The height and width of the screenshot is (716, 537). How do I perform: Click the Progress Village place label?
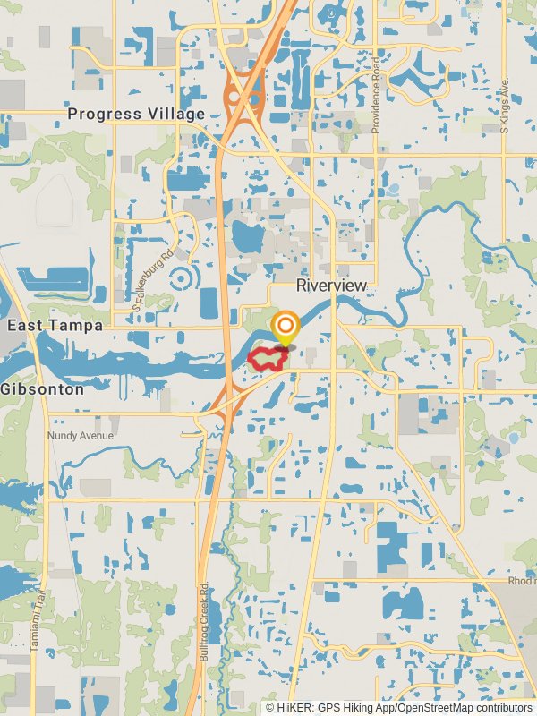pyautogui.click(x=137, y=114)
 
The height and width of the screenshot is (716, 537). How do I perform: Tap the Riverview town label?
pyautogui.click(x=331, y=285)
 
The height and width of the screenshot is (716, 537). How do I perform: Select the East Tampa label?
pyautogui.click(x=55, y=326)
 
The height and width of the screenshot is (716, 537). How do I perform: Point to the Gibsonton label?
pyautogui.click(x=42, y=389)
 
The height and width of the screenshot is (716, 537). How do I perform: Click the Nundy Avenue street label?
pyautogui.click(x=81, y=436)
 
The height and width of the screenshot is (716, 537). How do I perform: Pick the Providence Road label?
pyautogui.click(x=377, y=96)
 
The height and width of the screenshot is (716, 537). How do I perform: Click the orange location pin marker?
pyautogui.click(x=286, y=328)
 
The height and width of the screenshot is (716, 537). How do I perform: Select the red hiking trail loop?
pyautogui.click(x=267, y=360)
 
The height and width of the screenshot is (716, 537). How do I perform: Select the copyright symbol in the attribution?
pyautogui.click(x=270, y=707)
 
